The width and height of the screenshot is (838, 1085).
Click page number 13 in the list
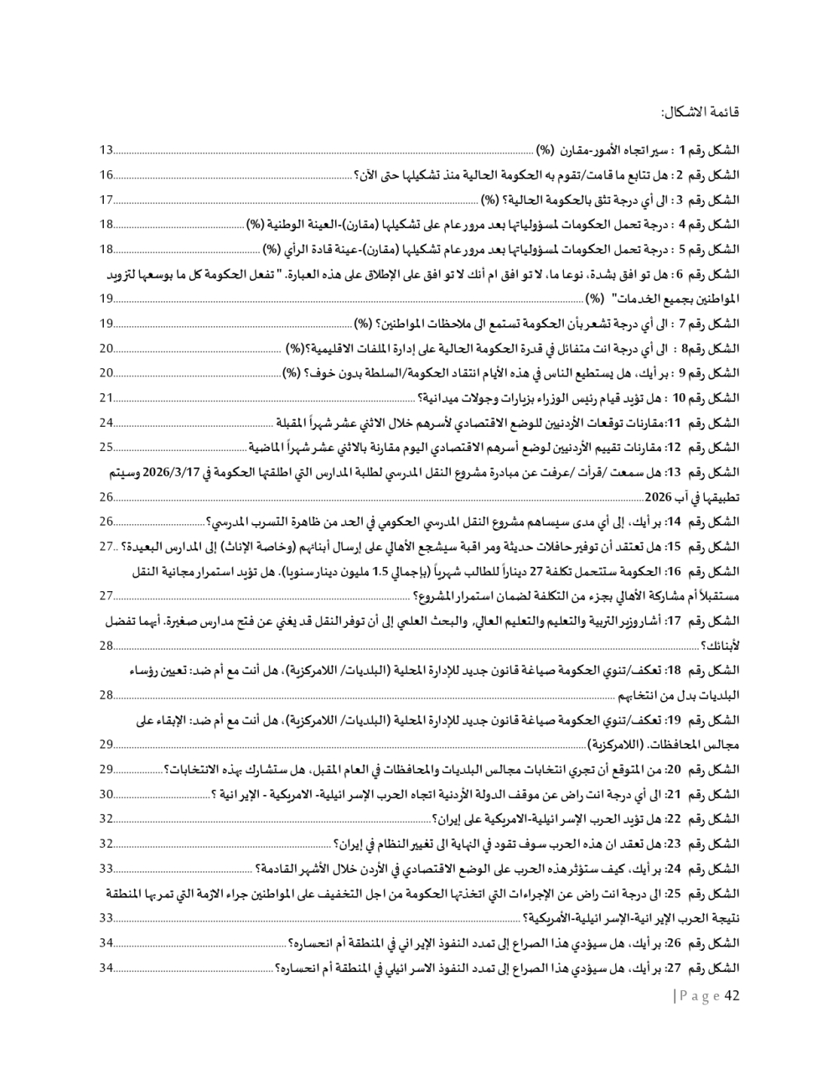pos(106,151)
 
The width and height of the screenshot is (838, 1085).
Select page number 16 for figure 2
pos(106,175)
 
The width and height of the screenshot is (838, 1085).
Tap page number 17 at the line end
pos(106,200)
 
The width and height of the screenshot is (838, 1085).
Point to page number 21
pos(106,398)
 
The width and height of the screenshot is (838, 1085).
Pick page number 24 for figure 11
pos(106,423)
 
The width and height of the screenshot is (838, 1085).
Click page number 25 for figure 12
pos(106,447)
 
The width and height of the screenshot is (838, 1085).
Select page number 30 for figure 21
pos(106,794)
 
